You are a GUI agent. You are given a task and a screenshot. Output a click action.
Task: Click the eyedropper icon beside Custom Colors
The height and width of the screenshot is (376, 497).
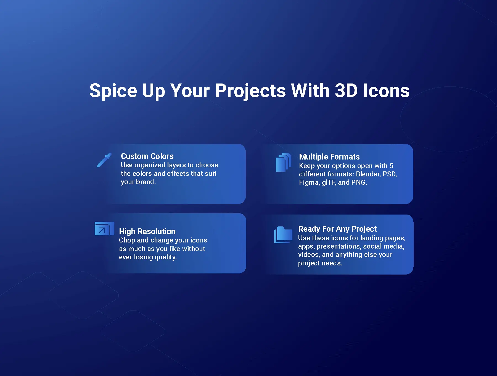point(104,160)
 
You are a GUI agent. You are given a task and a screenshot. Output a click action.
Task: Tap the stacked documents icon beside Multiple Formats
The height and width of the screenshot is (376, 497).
point(283,162)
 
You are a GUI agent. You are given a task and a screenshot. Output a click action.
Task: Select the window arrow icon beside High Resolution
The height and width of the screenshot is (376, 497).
point(104,229)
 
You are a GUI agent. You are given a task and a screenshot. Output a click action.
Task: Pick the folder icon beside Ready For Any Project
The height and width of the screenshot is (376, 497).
point(283,235)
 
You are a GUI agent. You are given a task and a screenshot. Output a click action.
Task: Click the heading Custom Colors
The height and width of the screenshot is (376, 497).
point(147,156)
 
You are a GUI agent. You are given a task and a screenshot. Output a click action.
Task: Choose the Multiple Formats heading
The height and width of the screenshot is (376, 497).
point(329,157)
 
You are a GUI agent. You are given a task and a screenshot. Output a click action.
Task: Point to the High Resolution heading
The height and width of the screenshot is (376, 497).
point(147,231)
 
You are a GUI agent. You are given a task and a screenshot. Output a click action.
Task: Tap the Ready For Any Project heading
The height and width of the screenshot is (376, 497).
point(337,229)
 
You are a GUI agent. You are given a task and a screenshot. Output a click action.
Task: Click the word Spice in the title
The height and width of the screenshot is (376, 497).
point(113,91)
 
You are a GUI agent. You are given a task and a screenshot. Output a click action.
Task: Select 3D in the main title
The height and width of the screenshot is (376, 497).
point(346,90)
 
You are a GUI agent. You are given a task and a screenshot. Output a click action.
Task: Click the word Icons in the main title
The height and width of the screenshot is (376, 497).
point(386,90)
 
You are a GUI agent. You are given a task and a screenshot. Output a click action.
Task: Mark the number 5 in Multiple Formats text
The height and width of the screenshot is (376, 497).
point(391,166)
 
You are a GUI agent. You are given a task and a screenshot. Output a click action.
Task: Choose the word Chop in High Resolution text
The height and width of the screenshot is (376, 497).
point(127,241)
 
